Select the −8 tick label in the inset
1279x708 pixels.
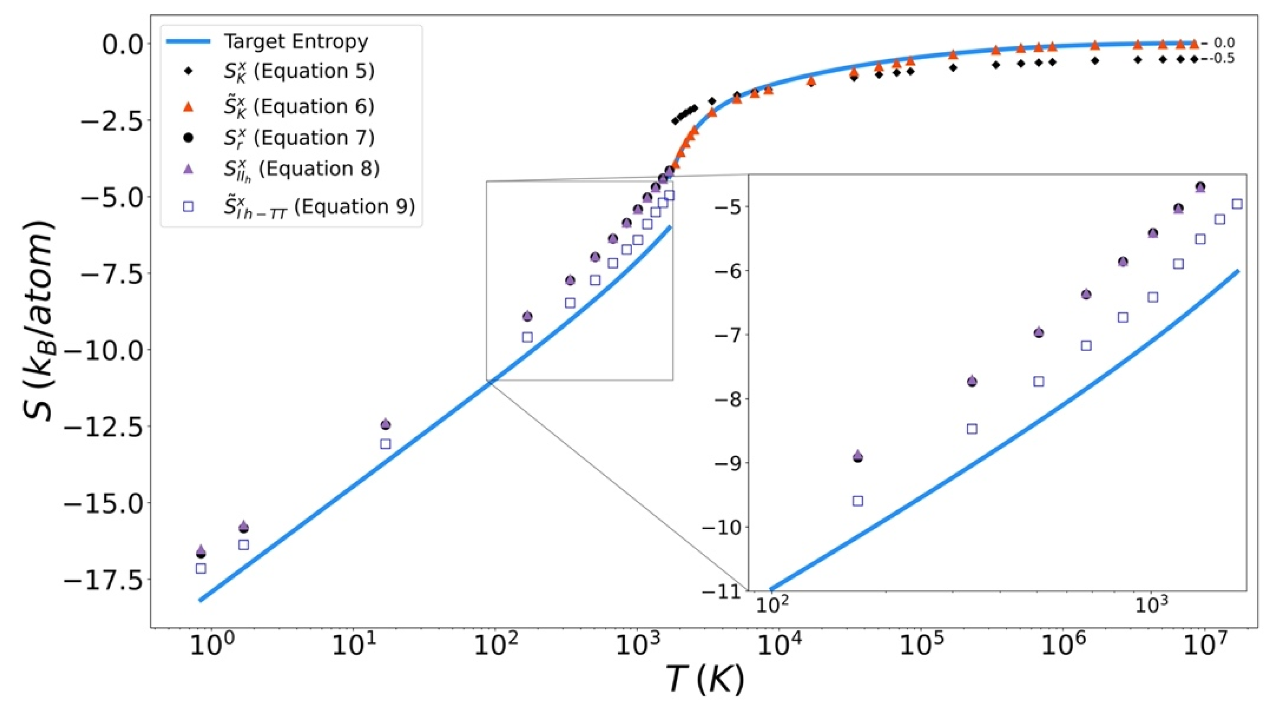pos(727,400)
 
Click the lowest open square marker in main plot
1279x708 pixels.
pos(201,568)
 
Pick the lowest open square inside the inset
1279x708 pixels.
pos(857,501)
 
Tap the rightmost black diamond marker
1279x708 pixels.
pos(1195,60)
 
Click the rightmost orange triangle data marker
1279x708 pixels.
pos(1194,44)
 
